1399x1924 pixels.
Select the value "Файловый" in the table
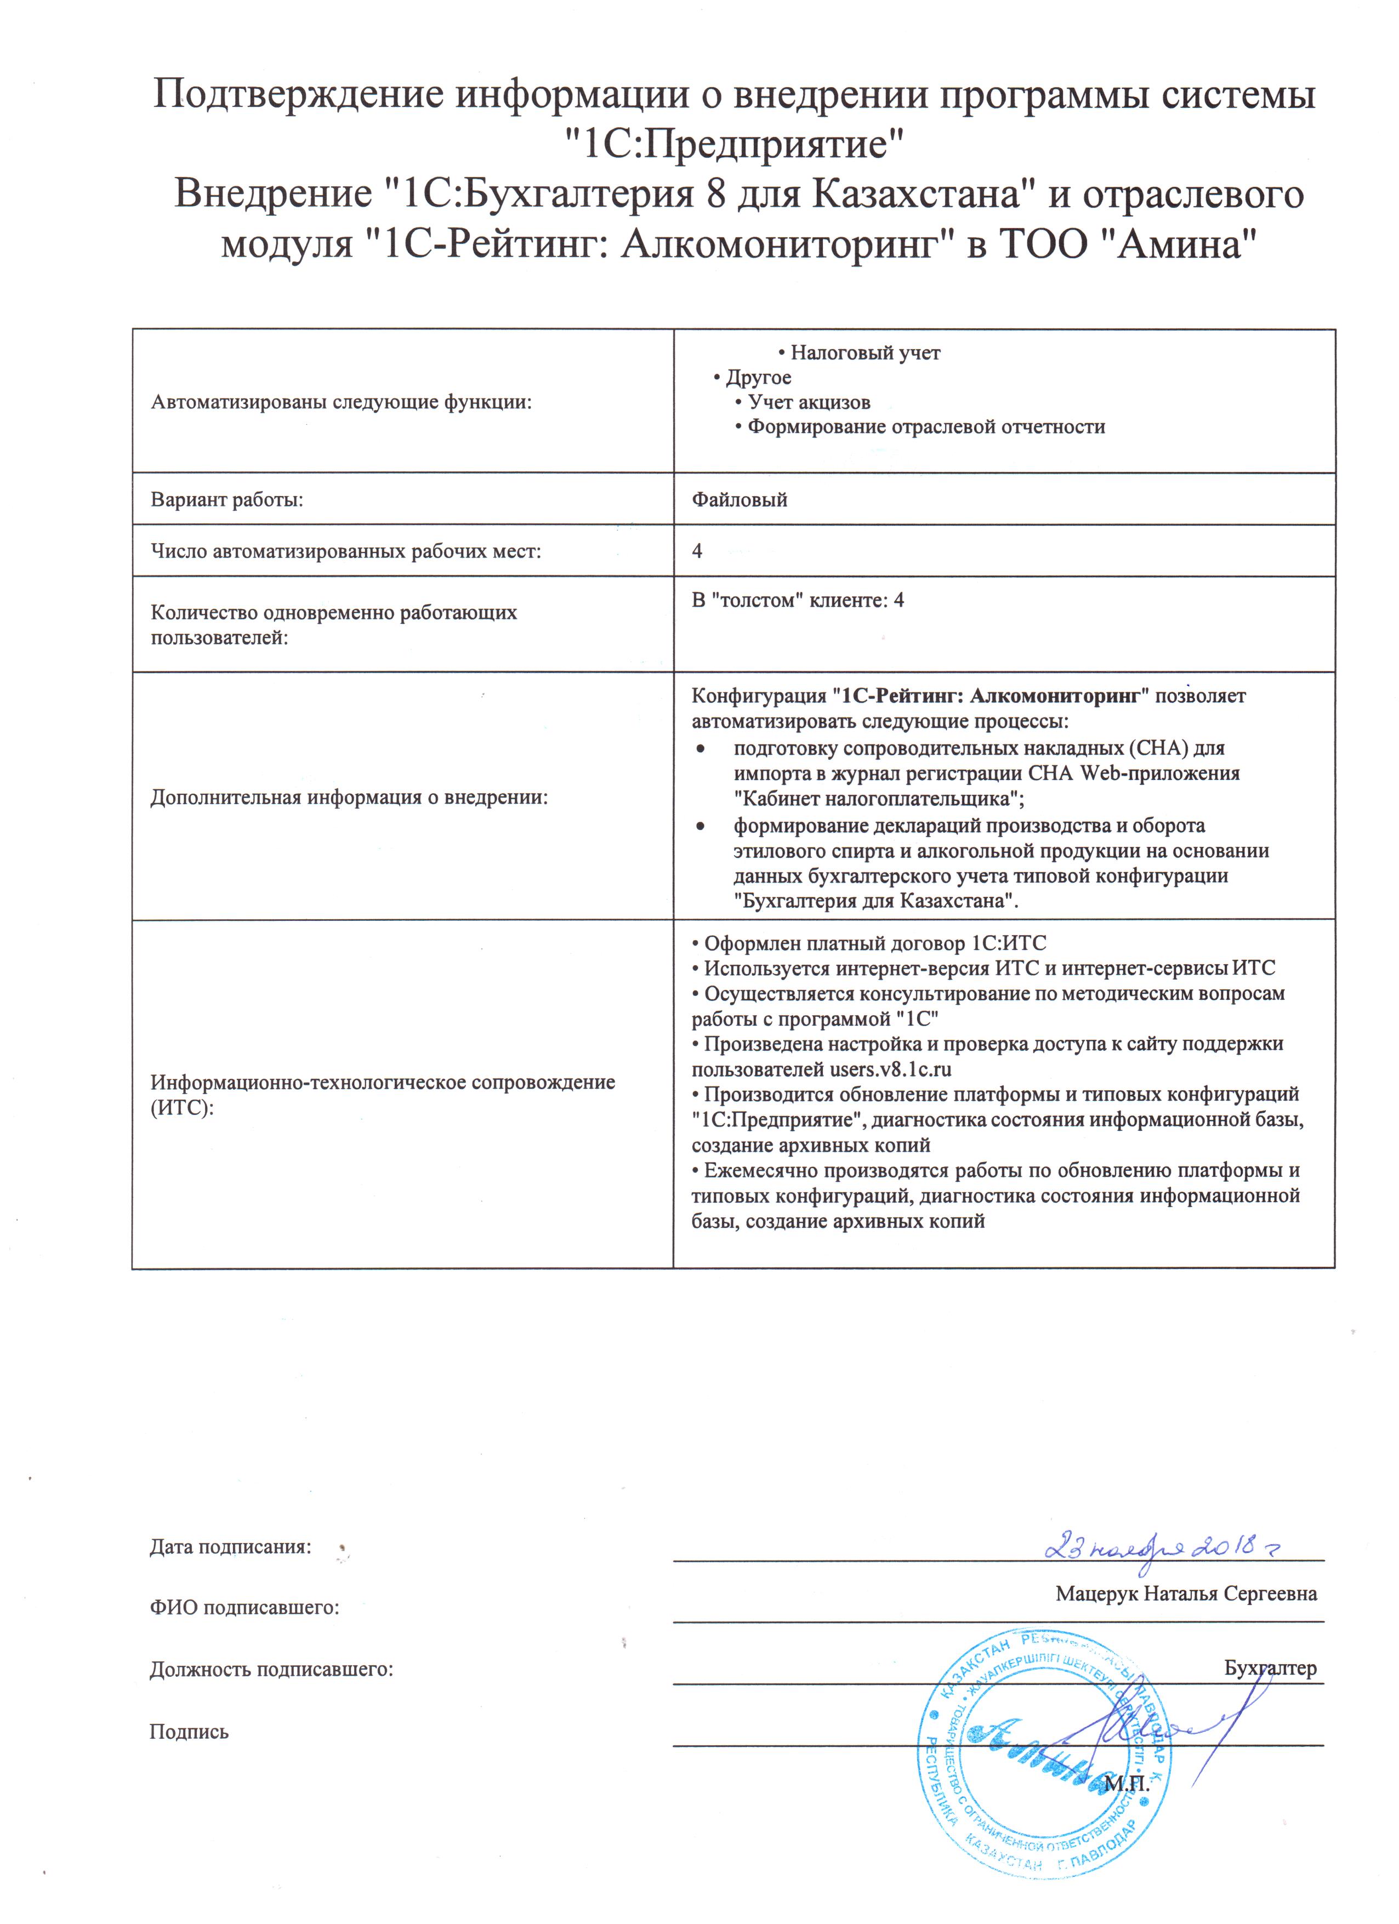click(739, 500)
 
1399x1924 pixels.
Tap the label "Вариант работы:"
click(226, 500)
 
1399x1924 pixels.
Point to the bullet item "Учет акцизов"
click(809, 402)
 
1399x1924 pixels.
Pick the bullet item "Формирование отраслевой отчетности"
click(925, 426)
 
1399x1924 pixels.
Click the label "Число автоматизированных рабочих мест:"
click(345, 551)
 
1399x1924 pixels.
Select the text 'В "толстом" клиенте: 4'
click(798, 601)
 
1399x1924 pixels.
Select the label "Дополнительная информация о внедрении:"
click(349, 798)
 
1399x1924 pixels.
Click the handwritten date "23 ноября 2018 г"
click(1162, 1546)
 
